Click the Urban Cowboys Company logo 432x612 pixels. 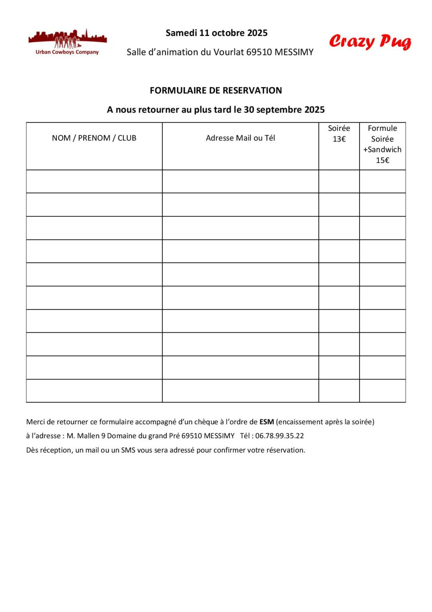click(x=67, y=42)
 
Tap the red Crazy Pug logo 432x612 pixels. click(x=370, y=41)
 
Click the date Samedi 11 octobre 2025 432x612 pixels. click(x=216, y=33)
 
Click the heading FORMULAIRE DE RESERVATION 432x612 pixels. click(x=216, y=90)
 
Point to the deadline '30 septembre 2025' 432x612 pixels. click(x=284, y=110)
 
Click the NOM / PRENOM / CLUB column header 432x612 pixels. click(x=94, y=138)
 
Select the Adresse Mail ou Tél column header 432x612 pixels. click(x=240, y=138)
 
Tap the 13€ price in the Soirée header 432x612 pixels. click(x=339, y=139)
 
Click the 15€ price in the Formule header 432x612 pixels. click(x=382, y=160)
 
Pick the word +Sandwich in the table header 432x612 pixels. click(x=382, y=149)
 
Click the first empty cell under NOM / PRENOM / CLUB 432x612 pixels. click(x=94, y=182)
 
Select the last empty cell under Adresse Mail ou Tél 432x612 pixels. click(x=240, y=391)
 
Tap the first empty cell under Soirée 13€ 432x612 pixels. click(x=339, y=182)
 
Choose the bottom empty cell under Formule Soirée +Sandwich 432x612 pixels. click(x=382, y=391)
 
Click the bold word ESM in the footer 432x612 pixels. click(x=267, y=422)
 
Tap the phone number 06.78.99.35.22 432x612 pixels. click(x=279, y=436)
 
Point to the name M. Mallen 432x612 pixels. click(x=83, y=436)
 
